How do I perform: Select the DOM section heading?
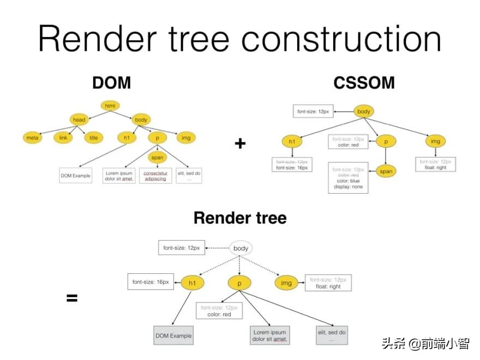pyautogui.click(x=111, y=82)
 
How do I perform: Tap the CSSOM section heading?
pyautogui.click(x=364, y=82)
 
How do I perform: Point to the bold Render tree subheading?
pyautogui.click(x=240, y=218)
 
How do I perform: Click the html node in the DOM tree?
pyautogui.click(x=110, y=106)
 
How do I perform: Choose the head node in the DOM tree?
pyautogui.click(x=79, y=119)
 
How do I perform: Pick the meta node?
pyautogui.click(x=33, y=137)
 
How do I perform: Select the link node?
pyautogui.click(x=63, y=137)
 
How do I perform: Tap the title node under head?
pyautogui.click(x=94, y=137)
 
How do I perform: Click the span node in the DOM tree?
pyautogui.click(x=157, y=157)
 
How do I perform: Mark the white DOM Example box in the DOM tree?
pyautogui.click(x=76, y=176)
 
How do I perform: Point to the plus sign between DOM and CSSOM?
pyautogui.click(x=240, y=143)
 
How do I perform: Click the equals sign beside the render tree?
pyautogui.click(x=72, y=298)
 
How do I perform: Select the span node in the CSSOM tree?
pyautogui.click(x=386, y=171)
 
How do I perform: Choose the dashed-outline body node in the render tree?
pyautogui.click(x=241, y=248)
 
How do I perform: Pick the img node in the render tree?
pyautogui.click(x=286, y=283)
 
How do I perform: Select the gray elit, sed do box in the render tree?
pyautogui.click(x=332, y=335)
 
